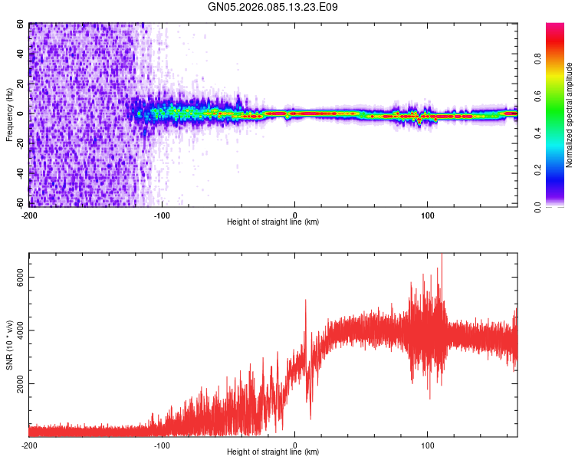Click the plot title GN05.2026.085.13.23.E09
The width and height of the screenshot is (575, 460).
pos(273,7)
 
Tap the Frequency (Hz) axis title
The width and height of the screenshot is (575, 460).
pos(10,114)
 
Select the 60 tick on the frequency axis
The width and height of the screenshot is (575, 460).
pos(21,25)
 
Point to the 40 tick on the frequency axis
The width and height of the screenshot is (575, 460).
pos(21,54)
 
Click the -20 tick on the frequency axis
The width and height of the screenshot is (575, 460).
pos(18,144)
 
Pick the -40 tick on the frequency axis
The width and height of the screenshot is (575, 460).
pos(18,174)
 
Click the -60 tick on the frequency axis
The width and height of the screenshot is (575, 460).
pos(18,204)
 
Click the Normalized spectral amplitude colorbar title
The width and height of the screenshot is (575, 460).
pos(570,115)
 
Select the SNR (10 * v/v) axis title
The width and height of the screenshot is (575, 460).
pos(10,344)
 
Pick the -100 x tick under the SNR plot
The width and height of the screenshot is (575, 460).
pos(162,445)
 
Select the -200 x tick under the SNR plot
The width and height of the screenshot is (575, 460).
pos(29,445)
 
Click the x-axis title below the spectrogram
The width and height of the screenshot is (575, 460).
pos(273,222)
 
